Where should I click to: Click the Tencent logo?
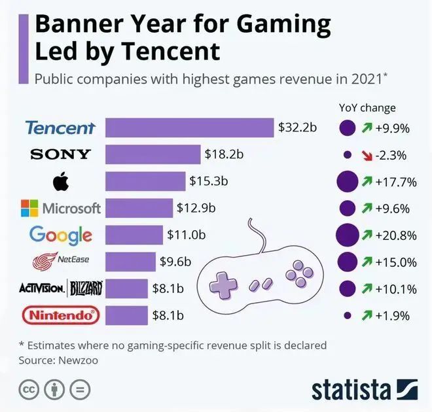pos(60,128)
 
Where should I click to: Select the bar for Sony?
pos(153,155)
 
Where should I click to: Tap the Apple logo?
pos(60,182)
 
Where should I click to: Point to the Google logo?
pos(60,235)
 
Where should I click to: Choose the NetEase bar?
pos(130,262)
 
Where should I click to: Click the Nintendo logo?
pos(61,316)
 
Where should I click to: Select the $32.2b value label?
pos(297,127)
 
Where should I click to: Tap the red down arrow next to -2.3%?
pos(367,155)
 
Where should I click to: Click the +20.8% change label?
pos(396,235)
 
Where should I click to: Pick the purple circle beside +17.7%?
pos(347,182)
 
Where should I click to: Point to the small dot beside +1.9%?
pos(347,316)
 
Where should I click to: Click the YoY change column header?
pos(367,108)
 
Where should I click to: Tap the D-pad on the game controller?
pos(224,284)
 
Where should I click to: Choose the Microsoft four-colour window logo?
pos(29,209)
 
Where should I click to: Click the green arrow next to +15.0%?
pos(367,262)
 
